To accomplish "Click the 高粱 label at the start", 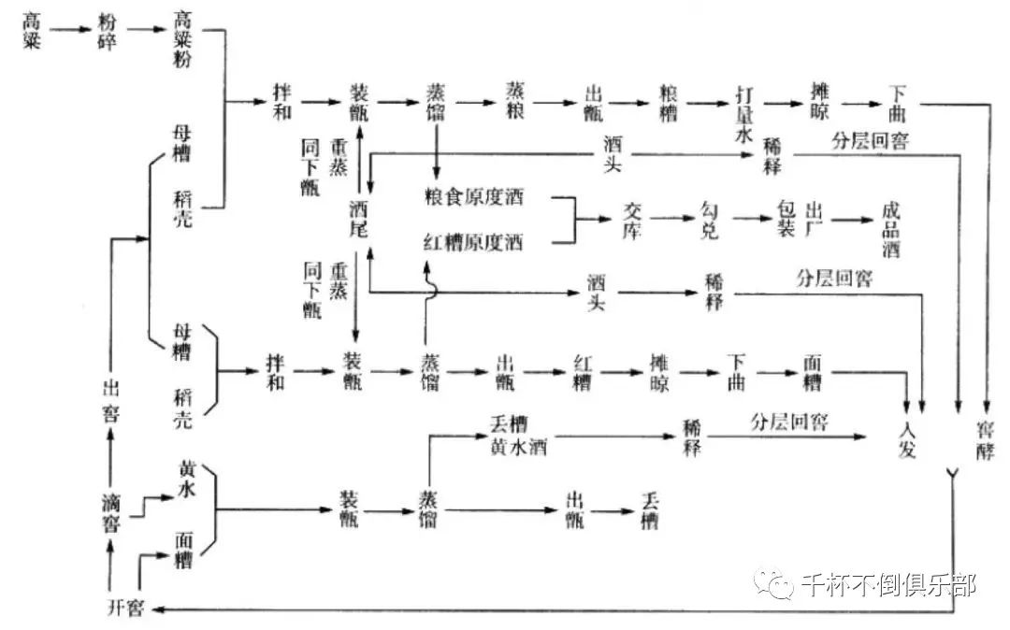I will (32, 31).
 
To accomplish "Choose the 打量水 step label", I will (744, 112).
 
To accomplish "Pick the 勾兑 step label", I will (709, 221).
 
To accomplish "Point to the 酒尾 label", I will (360, 219).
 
